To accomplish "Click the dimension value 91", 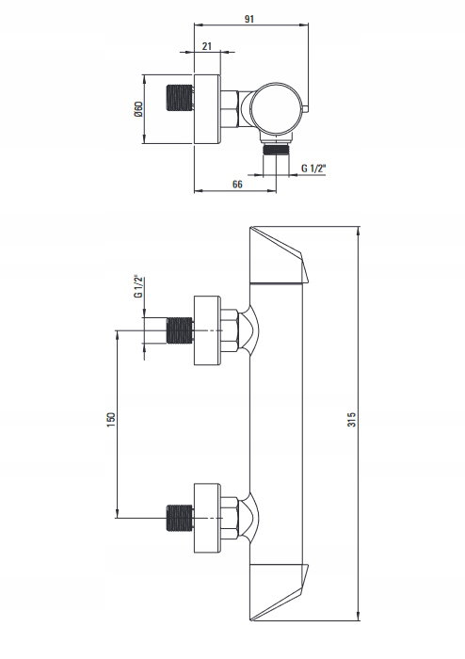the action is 249,19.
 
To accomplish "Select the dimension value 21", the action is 207,46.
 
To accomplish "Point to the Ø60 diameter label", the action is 138,109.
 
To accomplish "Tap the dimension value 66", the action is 237,185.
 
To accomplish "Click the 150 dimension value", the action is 111,420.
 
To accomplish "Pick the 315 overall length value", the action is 352,420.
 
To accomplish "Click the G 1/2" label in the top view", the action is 313,169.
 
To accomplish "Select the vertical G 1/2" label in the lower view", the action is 138,287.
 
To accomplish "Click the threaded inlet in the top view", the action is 180,98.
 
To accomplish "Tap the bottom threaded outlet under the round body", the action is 276,149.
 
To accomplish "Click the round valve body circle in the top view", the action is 276,108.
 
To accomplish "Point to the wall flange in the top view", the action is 207,109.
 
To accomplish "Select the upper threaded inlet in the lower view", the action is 180,330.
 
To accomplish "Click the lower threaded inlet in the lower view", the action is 180,518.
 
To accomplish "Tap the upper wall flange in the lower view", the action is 207,330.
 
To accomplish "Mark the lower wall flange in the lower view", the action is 207,518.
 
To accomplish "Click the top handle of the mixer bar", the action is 278,255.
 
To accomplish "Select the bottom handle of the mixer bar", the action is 278,592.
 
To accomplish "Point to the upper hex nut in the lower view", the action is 230,330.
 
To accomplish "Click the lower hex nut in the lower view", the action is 230,518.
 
